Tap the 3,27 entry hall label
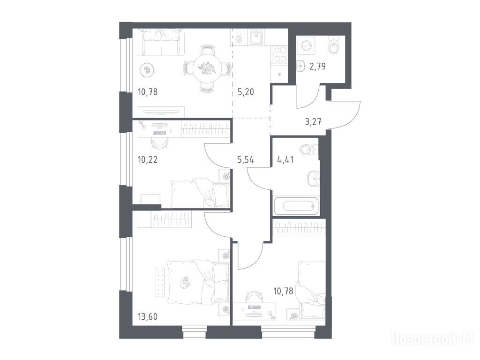click(313, 122)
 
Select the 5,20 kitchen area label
click(246, 91)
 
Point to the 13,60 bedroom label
click(148, 316)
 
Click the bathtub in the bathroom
click(296, 205)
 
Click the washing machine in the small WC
click(306, 45)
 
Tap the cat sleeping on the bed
click(185, 282)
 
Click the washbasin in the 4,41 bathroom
click(313, 178)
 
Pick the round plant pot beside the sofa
click(147, 70)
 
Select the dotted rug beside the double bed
click(159, 282)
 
